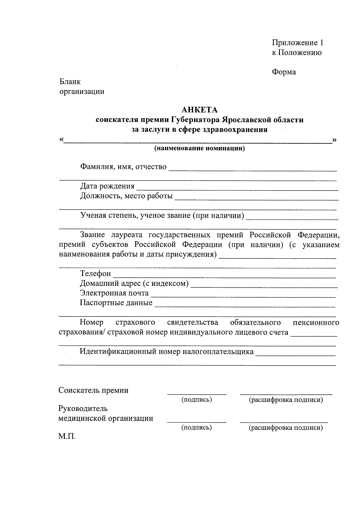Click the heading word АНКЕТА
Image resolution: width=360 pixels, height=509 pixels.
[x=199, y=110]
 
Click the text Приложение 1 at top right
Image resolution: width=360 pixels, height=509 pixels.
[x=298, y=43]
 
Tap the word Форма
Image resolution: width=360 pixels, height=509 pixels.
[x=284, y=72]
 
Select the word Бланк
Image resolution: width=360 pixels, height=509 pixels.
[x=70, y=82]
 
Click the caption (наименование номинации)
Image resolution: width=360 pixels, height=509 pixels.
[x=199, y=148]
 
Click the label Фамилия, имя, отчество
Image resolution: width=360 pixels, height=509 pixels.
[x=123, y=167]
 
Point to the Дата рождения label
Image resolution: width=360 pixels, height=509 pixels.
[x=107, y=186]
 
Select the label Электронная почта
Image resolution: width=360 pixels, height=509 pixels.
[x=114, y=293]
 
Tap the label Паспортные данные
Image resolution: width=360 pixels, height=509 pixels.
[x=116, y=303]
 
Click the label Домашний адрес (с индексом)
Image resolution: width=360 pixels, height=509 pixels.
[x=134, y=283]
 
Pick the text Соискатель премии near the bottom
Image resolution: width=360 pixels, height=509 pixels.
[x=93, y=391]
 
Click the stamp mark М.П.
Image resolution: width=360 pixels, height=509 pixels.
[x=67, y=436]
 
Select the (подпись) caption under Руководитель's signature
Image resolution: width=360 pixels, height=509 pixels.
[x=196, y=428]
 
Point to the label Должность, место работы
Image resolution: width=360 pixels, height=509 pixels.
[x=126, y=196]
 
